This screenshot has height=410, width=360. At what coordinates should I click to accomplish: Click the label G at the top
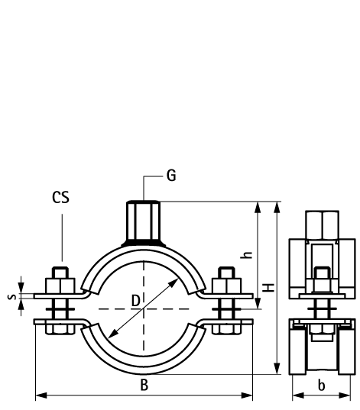click(171, 176)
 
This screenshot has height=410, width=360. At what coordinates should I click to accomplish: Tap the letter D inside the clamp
click(135, 301)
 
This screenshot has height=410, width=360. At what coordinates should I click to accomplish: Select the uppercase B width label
click(144, 386)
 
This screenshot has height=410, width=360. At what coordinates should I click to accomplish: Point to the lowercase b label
click(322, 386)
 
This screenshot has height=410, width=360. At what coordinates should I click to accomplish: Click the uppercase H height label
click(269, 287)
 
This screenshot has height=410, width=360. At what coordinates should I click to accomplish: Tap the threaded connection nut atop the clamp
click(144, 221)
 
